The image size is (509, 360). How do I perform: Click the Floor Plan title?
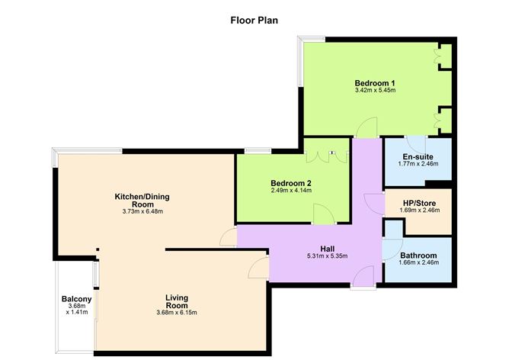(254, 20)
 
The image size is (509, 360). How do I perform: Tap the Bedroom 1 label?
(374, 82)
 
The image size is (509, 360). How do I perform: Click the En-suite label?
(418, 155)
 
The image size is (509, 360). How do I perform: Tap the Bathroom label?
(418, 256)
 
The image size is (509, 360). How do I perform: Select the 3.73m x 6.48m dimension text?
(128, 211)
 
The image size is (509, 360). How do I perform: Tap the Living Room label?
(177, 301)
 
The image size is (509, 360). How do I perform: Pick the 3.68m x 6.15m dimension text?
(177, 312)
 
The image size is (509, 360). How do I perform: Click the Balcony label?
(76, 299)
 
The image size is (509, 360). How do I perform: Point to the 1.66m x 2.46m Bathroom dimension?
(418, 264)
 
